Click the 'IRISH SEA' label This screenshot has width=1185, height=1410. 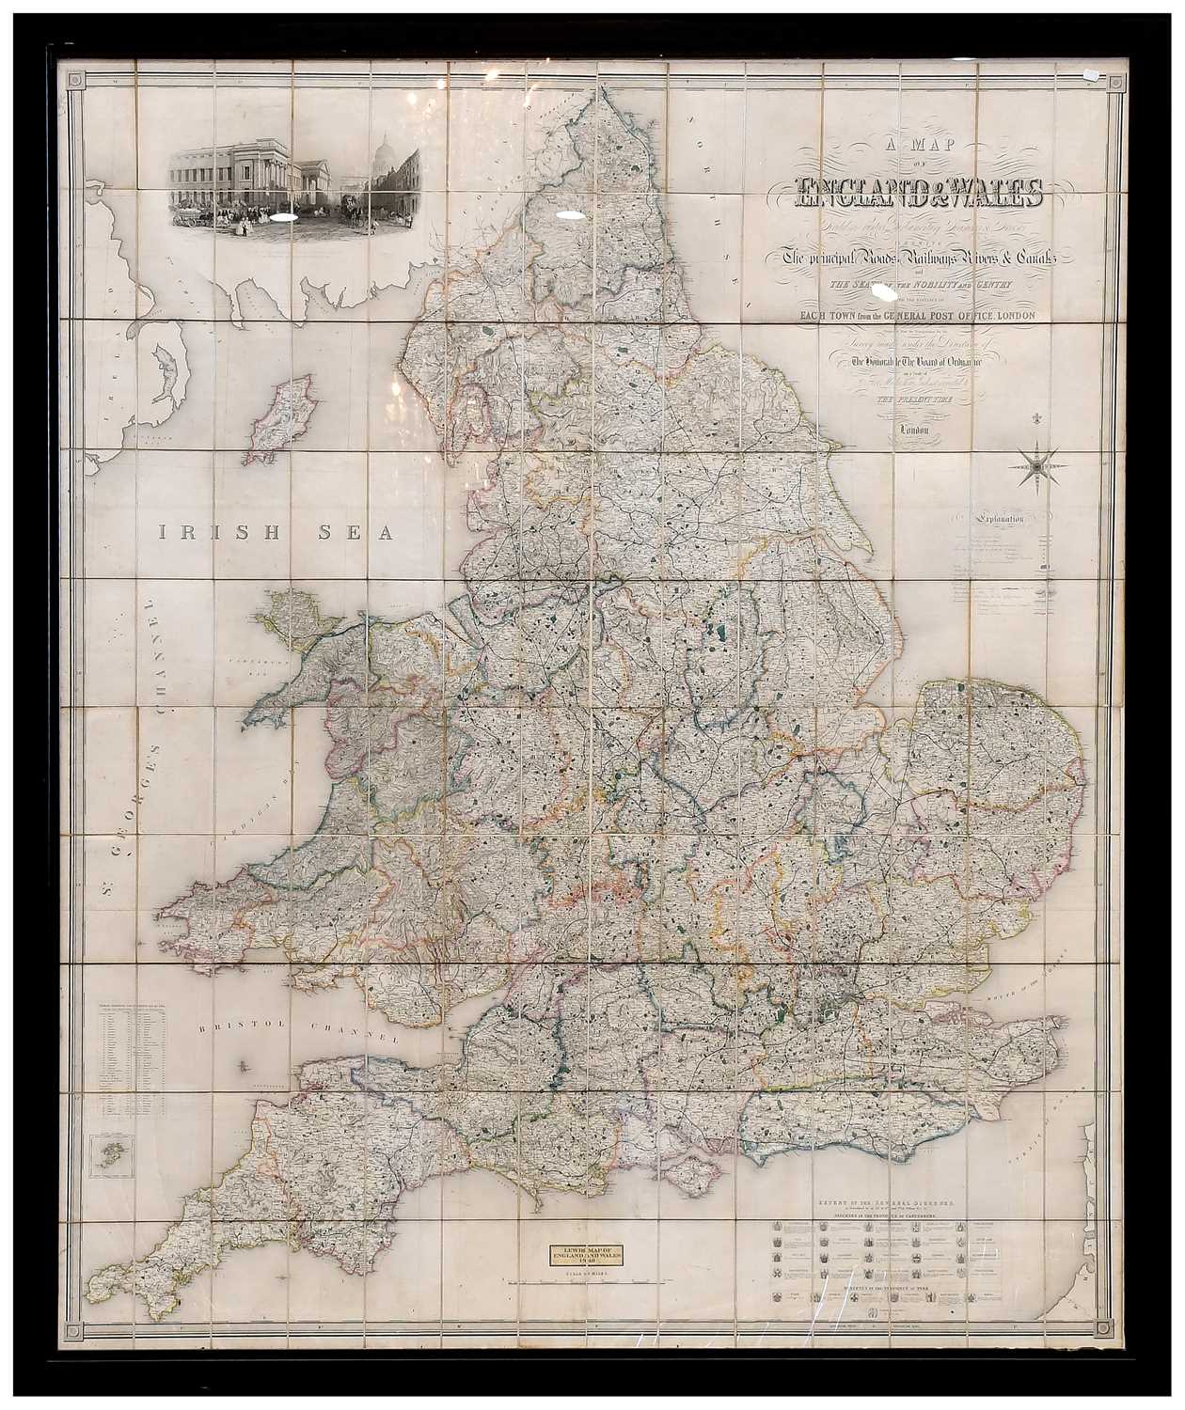tap(273, 533)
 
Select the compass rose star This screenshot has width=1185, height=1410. tap(1041, 462)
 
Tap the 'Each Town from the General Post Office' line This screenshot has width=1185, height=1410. tap(918, 316)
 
